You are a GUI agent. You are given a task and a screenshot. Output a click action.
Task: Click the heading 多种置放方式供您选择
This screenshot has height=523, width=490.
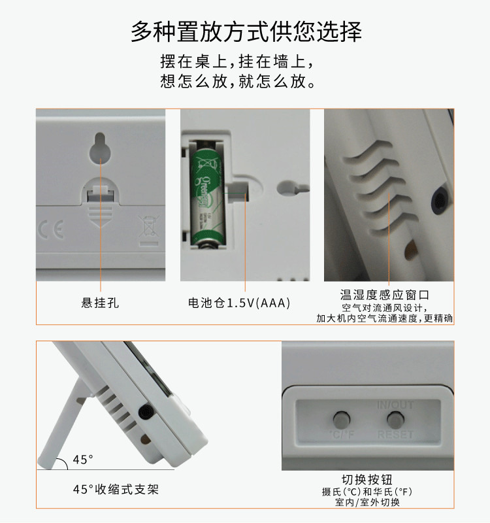(246, 31)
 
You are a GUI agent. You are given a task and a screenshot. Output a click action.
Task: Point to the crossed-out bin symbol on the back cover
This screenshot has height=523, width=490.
(146, 230)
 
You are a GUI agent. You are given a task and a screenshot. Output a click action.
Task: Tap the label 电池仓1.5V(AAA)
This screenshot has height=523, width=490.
(239, 303)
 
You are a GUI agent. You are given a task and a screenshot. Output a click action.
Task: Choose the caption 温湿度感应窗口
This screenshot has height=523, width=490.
(389, 295)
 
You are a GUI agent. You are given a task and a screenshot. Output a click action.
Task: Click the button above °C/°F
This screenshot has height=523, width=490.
(341, 418)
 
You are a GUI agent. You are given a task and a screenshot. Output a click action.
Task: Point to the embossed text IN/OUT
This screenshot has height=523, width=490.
(395, 405)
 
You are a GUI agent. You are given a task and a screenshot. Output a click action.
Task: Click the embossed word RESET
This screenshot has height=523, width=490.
(395, 434)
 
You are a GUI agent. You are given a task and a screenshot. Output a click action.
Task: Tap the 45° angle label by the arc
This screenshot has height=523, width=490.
(83, 460)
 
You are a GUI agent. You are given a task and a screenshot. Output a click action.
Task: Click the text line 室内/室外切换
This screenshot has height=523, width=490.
(367, 503)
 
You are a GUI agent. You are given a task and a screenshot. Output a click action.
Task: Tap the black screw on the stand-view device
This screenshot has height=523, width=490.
(146, 413)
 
